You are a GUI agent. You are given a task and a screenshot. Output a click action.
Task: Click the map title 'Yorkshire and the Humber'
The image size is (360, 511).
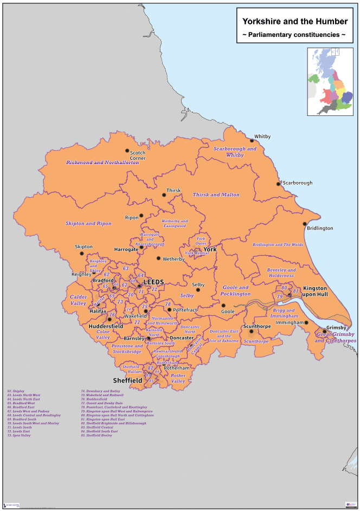(294, 22)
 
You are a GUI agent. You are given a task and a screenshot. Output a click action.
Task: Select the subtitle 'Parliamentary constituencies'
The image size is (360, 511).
(294, 35)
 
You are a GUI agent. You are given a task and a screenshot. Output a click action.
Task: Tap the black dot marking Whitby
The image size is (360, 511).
(251, 140)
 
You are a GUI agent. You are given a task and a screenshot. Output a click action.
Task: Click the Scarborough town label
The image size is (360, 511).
(298, 183)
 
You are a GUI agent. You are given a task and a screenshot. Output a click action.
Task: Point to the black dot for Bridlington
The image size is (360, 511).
(305, 224)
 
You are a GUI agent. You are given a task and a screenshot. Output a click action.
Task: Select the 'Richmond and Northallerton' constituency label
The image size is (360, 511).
(103, 162)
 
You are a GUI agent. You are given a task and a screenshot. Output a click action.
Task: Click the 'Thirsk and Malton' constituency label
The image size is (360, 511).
(216, 195)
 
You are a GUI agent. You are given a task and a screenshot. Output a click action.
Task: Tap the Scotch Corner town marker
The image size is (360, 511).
(127, 151)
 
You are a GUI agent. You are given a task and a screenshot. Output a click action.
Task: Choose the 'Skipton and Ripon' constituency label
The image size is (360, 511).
(88, 223)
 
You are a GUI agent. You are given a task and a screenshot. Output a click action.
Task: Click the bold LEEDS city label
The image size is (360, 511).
(153, 282)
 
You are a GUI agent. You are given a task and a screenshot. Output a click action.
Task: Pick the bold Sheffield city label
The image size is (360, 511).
(127, 380)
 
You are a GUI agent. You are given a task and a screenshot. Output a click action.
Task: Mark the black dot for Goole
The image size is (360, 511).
(223, 305)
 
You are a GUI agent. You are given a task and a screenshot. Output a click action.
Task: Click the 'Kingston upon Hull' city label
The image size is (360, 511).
(315, 292)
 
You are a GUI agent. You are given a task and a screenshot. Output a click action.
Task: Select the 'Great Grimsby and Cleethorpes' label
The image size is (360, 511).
(336, 338)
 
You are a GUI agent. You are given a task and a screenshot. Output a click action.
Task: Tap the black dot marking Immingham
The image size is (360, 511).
(306, 322)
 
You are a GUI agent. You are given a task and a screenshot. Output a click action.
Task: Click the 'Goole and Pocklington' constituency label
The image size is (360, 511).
(235, 290)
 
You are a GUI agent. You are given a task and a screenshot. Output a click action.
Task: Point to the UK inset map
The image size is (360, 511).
(330, 81)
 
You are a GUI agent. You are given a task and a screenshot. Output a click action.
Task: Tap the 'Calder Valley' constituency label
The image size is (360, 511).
(78, 300)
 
